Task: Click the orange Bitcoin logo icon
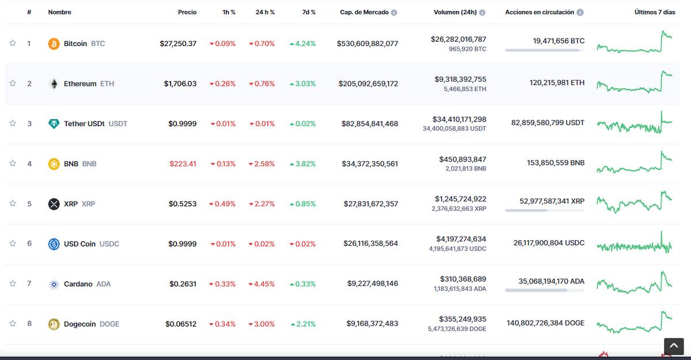(54, 44)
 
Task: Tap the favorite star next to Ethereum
(13, 84)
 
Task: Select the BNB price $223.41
(183, 164)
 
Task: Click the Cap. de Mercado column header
(364, 12)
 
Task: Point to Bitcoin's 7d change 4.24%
(303, 44)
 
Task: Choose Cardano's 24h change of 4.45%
(261, 284)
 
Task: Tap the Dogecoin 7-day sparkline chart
(635, 323)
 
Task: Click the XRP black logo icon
(54, 204)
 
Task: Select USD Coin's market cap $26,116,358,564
(370, 244)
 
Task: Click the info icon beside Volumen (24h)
(482, 12)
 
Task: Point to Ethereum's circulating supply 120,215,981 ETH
(557, 83)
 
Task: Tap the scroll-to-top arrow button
(674, 346)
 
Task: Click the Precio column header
(187, 12)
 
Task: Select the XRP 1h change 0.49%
(222, 204)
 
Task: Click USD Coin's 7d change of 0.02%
(302, 244)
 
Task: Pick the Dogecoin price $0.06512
(181, 324)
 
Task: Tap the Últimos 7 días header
(655, 12)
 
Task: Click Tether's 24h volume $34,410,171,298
(459, 119)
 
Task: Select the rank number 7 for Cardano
(29, 283)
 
